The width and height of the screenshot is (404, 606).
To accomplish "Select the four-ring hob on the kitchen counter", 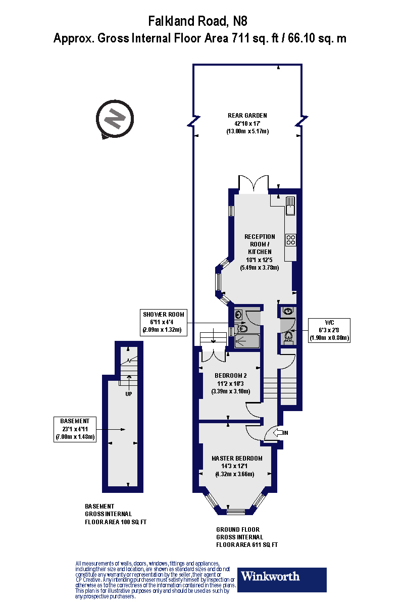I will coord(291,239).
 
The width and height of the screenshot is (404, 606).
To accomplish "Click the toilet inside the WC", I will coord(288,336).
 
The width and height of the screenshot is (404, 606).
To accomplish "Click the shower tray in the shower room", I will coord(247,342).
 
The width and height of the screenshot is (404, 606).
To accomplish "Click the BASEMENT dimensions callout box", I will coord(75,429).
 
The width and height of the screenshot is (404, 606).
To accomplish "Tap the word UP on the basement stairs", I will coord(129,394).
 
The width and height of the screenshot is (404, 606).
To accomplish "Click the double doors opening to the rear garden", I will coord(254,185).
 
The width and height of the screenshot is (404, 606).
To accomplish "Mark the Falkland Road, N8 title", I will coord(198,21).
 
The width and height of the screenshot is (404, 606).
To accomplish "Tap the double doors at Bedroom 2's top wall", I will coord(214,355).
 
